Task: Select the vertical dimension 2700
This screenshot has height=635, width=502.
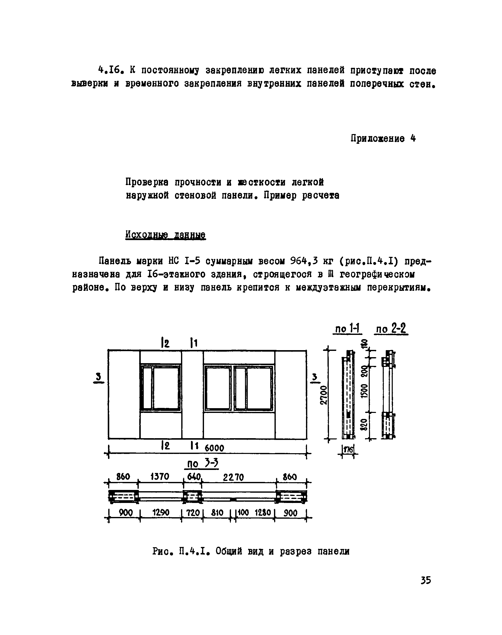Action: [x=323, y=395]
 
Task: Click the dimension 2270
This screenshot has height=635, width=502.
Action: [x=233, y=477]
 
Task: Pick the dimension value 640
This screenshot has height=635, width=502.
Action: [x=194, y=476]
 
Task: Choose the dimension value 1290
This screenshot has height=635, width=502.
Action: [x=161, y=513]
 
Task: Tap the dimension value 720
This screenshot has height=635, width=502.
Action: [x=193, y=513]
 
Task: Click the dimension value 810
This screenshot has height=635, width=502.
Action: [x=217, y=513]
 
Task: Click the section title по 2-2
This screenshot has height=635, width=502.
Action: [x=391, y=329]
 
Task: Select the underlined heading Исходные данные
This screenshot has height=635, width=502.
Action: [x=165, y=235]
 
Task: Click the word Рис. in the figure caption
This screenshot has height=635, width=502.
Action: [x=162, y=551]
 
